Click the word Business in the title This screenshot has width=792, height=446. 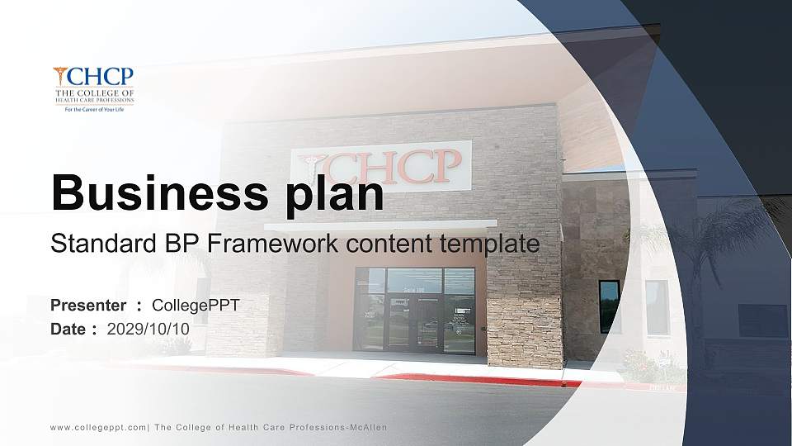[151, 192]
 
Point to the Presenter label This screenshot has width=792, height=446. [88, 306]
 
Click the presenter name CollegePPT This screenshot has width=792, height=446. [196, 306]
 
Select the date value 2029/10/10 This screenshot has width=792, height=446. [148, 329]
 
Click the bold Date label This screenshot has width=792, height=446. [68, 329]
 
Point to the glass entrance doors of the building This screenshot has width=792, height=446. [414, 312]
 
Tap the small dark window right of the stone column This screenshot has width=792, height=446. [609, 306]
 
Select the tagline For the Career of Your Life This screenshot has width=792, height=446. [93, 109]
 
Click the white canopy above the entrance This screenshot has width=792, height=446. [379, 225]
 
